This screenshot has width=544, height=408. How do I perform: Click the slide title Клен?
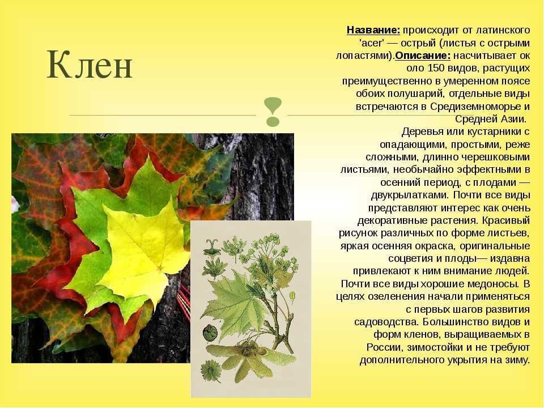[90, 65]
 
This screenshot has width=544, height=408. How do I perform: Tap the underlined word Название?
[373, 30]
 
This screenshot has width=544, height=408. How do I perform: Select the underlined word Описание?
[423, 56]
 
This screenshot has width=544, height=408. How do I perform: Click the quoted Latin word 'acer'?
[372, 43]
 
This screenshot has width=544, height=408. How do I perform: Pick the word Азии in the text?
[512, 119]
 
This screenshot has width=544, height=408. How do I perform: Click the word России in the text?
[384, 347]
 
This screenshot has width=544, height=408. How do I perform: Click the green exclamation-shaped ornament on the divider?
[273, 112]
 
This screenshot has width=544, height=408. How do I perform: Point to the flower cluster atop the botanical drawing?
[267, 250]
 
